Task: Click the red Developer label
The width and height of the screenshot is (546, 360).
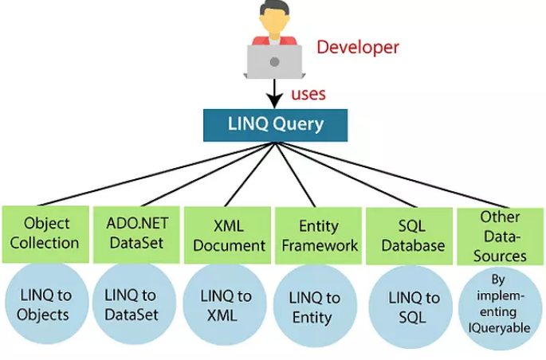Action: pyautogui.click(x=358, y=48)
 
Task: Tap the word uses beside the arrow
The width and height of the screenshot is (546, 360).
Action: pyautogui.click(x=308, y=94)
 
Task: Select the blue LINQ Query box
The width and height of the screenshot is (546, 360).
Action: pyautogui.click(x=276, y=125)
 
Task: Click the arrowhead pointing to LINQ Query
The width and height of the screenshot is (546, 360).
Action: pyautogui.click(x=274, y=101)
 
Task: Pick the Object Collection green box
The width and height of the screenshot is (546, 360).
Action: pyautogui.click(x=45, y=234)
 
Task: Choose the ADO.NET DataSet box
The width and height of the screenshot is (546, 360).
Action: pyautogui.click(x=136, y=234)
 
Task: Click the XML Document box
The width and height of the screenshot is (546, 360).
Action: pyautogui.click(x=227, y=236)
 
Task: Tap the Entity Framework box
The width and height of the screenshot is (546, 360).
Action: pyautogui.click(x=319, y=237)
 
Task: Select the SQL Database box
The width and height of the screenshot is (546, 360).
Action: pyautogui.click(x=410, y=237)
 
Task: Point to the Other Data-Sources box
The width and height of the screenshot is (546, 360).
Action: pyautogui.click(x=501, y=237)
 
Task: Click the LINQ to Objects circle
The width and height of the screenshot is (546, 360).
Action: pyautogui.click(x=47, y=304)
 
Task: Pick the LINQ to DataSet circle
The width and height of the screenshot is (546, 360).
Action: pyautogui.click(x=135, y=304)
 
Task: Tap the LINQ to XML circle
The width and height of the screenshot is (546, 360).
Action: pyautogui.click(x=225, y=305)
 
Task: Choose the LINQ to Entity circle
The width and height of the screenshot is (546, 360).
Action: pyautogui.click(x=316, y=306)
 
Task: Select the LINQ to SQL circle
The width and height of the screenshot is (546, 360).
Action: pyautogui.click(x=410, y=307)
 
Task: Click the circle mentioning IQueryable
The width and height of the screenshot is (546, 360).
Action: pyautogui.click(x=501, y=308)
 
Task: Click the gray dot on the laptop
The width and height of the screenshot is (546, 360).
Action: pyautogui.click(x=275, y=62)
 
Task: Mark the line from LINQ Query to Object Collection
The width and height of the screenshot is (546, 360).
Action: pyautogui.click(x=157, y=174)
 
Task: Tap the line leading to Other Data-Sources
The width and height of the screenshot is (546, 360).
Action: pyautogui.click(x=392, y=175)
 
